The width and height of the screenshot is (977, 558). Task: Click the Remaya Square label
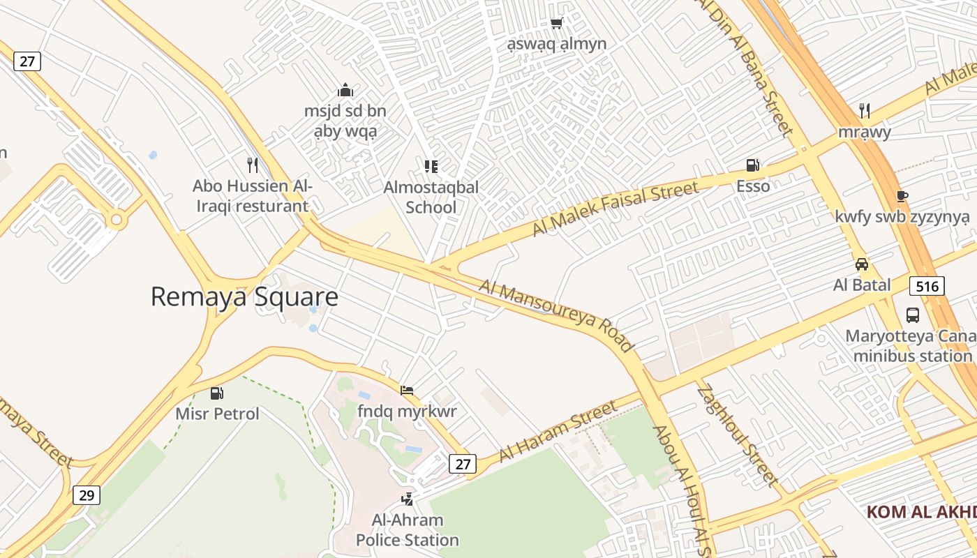click(244, 297)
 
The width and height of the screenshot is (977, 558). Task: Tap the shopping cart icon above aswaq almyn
click(556, 24)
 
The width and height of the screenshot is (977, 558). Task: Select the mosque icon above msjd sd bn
click(345, 90)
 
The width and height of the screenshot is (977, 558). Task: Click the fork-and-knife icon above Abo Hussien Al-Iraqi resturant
click(253, 165)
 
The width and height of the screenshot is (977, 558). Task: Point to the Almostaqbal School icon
click(431, 166)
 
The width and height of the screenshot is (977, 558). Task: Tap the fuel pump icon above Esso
click(752, 165)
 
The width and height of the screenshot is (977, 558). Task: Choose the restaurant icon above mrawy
click(865, 110)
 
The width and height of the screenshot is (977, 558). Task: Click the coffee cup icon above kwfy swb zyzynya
click(902, 196)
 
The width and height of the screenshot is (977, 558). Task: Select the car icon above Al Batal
click(862, 264)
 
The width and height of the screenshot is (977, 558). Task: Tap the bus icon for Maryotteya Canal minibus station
click(913, 315)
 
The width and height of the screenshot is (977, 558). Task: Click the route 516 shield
click(927, 285)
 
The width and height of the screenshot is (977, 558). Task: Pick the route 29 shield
click(87, 495)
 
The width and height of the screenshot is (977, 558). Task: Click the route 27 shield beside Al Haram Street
click(462, 463)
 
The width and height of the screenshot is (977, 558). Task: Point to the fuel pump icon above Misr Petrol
click(217, 393)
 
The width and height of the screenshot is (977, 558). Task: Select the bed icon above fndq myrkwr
click(407, 390)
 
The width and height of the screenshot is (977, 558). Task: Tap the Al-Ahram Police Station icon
click(407, 499)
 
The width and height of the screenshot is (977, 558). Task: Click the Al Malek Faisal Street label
click(615, 208)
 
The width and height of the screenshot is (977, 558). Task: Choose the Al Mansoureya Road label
click(556, 315)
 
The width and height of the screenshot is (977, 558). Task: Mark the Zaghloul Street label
click(737, 436)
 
